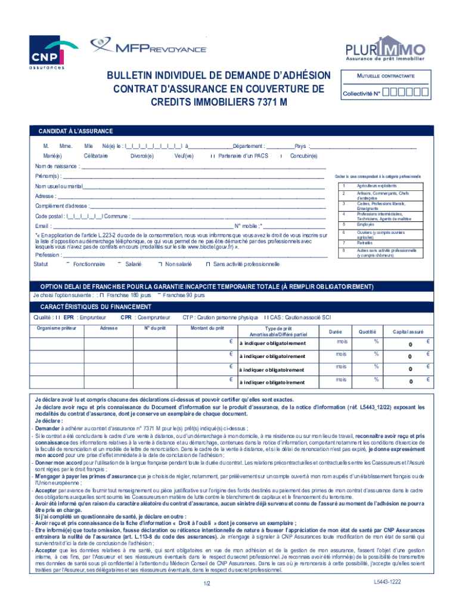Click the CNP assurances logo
[47, 52]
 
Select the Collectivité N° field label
[361, 94]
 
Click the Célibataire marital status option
[96, 156]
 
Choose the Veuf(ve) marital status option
[184, 156]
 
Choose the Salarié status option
[134, 264]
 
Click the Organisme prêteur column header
[57, 328]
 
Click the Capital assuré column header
[408, 331]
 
